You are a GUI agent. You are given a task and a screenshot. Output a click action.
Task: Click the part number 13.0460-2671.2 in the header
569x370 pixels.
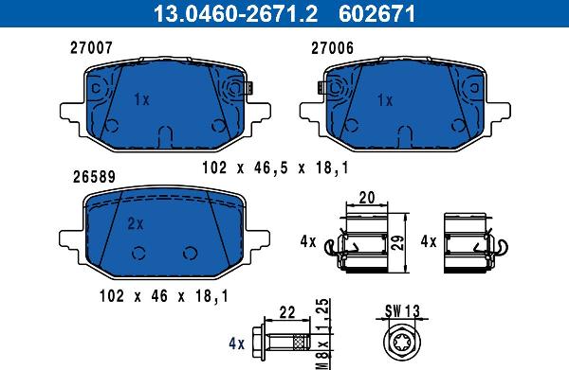235,13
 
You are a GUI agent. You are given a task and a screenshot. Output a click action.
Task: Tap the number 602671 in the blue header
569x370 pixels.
376,13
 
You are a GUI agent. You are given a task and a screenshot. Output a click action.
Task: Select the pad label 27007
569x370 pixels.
91,48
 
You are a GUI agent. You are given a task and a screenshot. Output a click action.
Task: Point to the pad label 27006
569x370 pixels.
332,48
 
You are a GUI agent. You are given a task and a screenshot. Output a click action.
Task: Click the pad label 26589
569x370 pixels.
94,177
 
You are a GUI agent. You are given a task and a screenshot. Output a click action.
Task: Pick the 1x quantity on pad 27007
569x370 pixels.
142,99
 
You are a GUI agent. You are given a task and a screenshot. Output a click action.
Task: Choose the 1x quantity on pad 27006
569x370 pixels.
385,100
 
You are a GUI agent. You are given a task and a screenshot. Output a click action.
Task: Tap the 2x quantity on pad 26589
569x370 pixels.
136,223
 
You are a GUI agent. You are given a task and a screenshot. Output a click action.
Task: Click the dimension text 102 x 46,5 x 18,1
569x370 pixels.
275,167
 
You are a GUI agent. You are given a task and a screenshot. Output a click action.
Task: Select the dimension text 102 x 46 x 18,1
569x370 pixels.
164,296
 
